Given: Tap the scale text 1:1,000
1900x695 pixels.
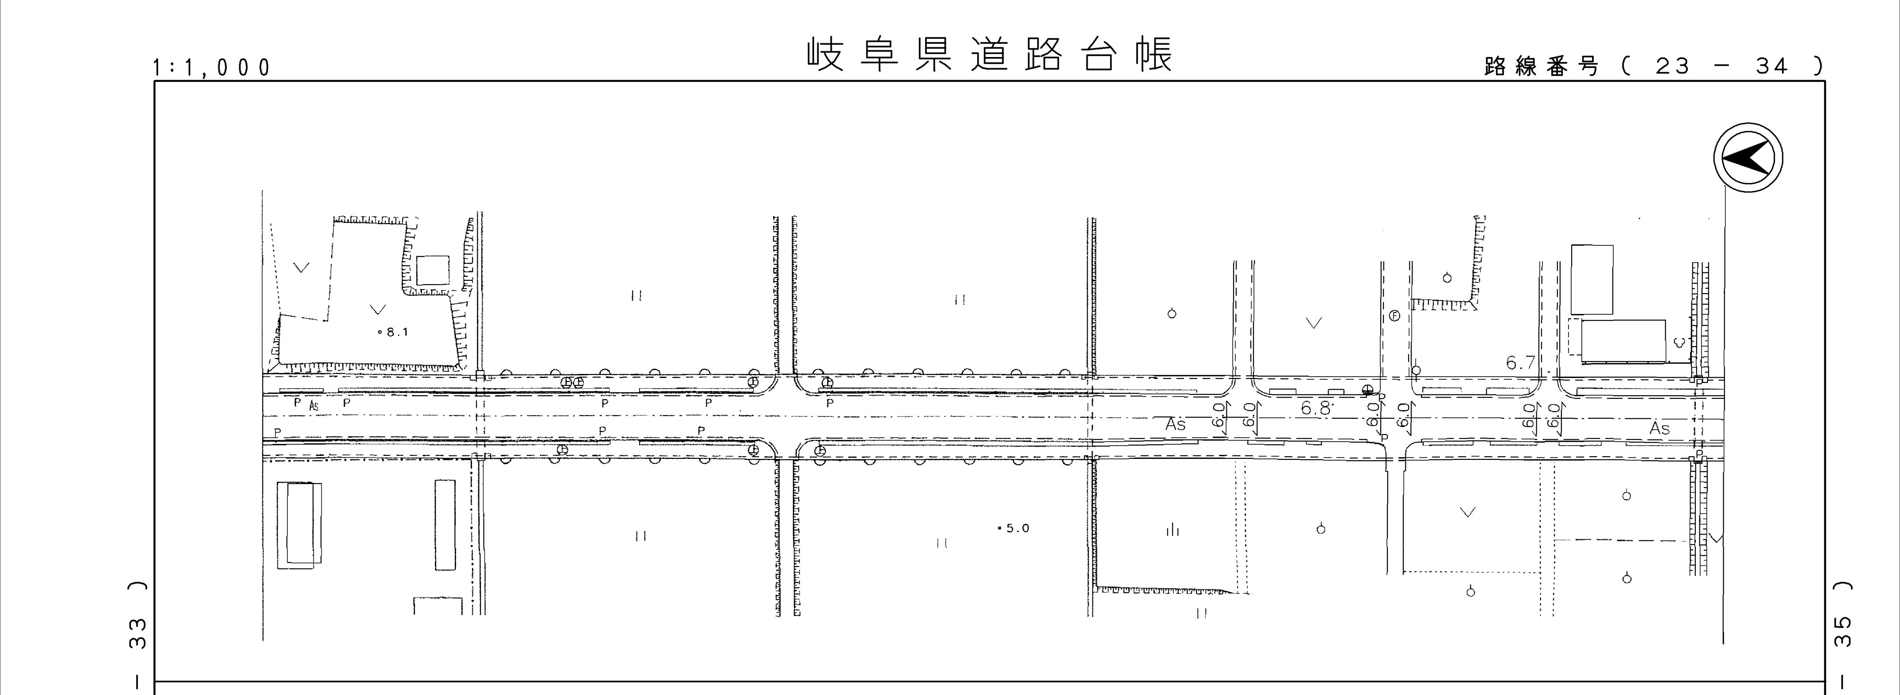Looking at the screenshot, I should (x=212, y=68).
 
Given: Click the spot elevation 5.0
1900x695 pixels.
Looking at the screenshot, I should (x=1014, y=528).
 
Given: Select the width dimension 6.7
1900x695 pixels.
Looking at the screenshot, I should (x=1520, y=363).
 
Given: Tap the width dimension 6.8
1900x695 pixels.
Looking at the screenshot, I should (x=1317, y=408).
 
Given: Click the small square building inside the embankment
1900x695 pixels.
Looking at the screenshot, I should (x=432, y=271).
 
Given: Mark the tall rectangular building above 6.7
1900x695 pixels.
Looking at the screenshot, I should (x=1592, y=279).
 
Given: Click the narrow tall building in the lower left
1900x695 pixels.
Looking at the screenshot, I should (x=445, y=525).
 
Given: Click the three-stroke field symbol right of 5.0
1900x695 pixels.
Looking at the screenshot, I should (x=1172, y=529).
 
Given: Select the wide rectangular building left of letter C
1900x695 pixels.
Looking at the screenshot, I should (x=1623, y=341).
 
